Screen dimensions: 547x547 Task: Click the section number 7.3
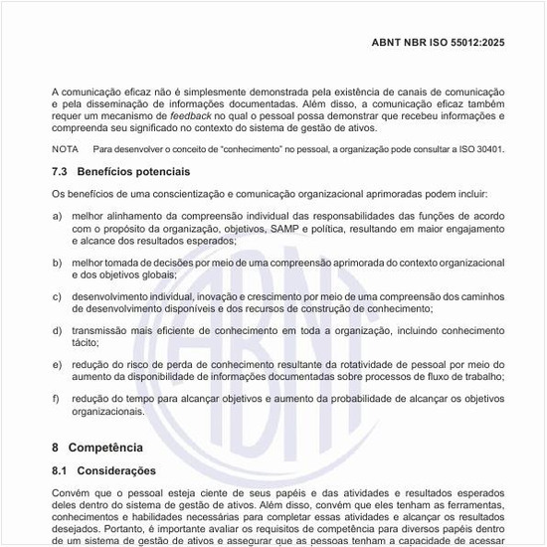[x=60, y=172]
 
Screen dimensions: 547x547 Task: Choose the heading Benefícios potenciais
[x=133, y=172]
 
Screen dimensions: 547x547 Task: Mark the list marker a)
[x=57, y=216]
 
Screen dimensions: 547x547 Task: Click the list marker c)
[x=57, y=296]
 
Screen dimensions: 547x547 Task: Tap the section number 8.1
[x=60, y=470]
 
